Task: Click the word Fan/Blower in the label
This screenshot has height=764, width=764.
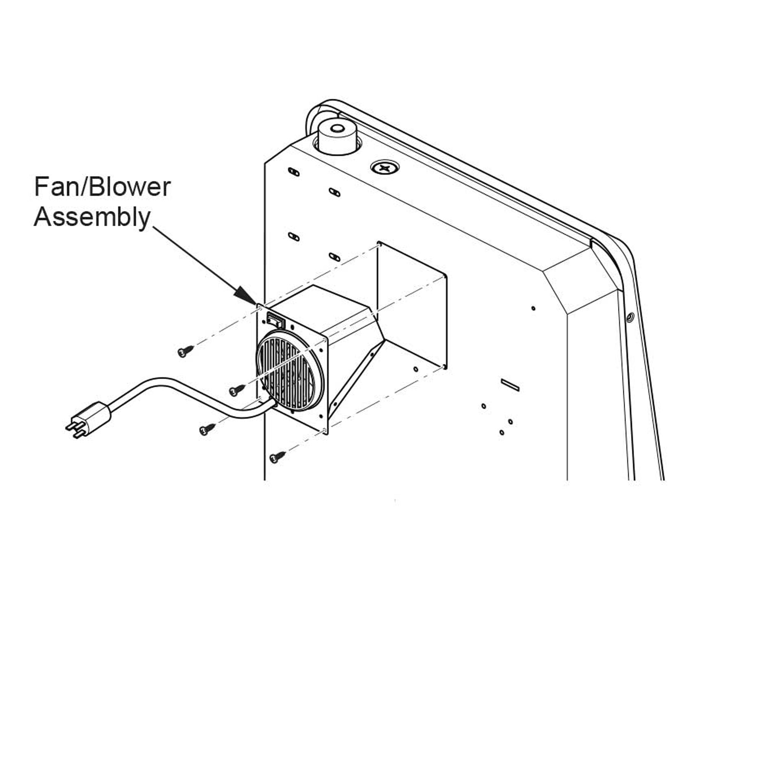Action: point(102,187)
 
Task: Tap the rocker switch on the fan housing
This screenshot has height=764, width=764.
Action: point(276,319)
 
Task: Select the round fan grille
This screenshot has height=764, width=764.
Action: point(290,371)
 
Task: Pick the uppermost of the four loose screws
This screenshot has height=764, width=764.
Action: point(186,351)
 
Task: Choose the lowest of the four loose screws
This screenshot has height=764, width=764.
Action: point(277,457)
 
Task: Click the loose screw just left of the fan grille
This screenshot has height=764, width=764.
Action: point(237,390)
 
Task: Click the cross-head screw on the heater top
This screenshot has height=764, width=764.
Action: point(384,168)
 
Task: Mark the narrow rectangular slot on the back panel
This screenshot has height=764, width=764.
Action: point(510,385)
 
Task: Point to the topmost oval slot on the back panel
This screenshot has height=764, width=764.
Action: point(294,172)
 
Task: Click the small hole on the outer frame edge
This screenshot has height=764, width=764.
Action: point(630,317)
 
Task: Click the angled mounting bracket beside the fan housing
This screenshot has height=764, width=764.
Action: point(356,380)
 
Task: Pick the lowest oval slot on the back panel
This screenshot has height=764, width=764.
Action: point(334,257)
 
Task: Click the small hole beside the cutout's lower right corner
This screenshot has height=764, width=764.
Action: point(416,369)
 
